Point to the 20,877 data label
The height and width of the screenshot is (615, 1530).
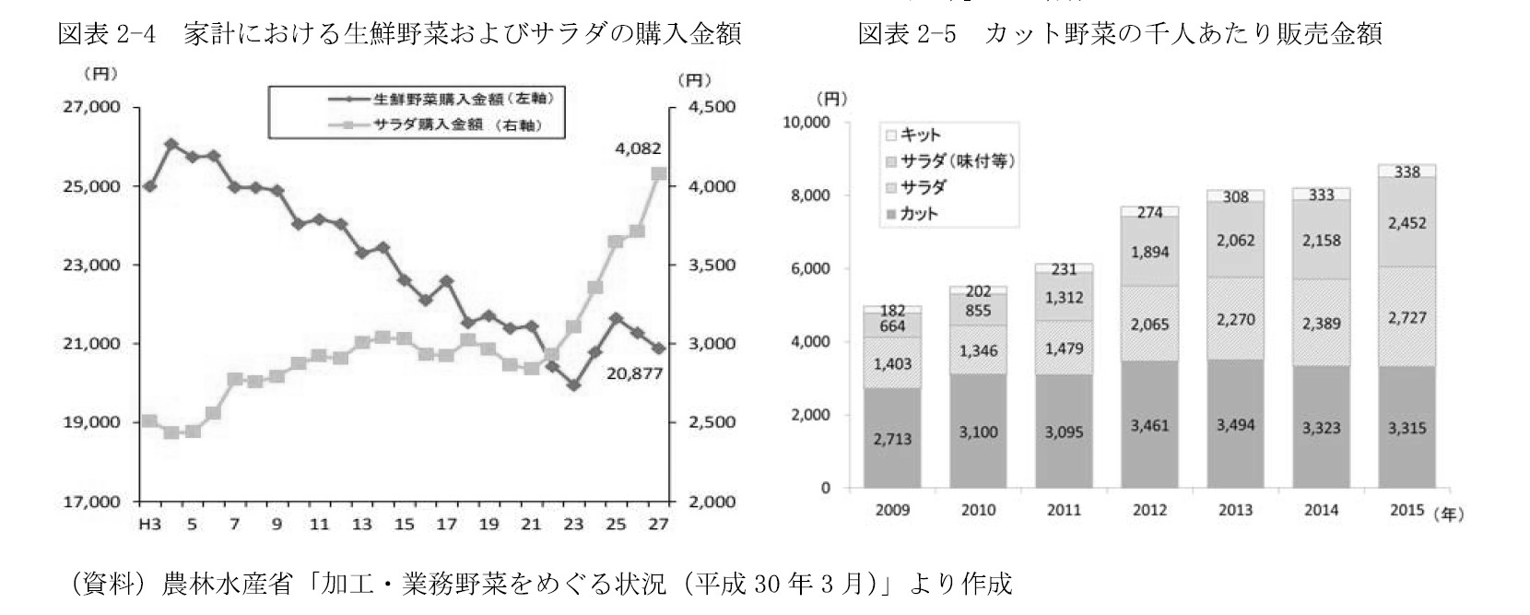pyautogui.click(x=634, y=374)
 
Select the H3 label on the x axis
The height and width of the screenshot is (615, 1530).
pyautogui.click(x=147, y=525)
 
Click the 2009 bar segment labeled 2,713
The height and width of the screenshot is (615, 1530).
pyautogui.click(x=892, y=438)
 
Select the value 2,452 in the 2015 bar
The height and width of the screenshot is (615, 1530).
pyautogui.click(x=1406, y=222)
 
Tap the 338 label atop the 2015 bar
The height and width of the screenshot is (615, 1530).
pyautogui.click(x=1406, y=171)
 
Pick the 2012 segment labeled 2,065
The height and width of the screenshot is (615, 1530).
pyautogui.click(x=1149, y=324)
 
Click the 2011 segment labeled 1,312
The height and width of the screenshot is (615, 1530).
pyautogui.click(x=1064, y=298)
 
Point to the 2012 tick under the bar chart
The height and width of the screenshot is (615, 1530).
pyautogui.click(x=1149, y=510)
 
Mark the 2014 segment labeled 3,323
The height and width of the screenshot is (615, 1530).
pyautogui.click(x=1321, y=428)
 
